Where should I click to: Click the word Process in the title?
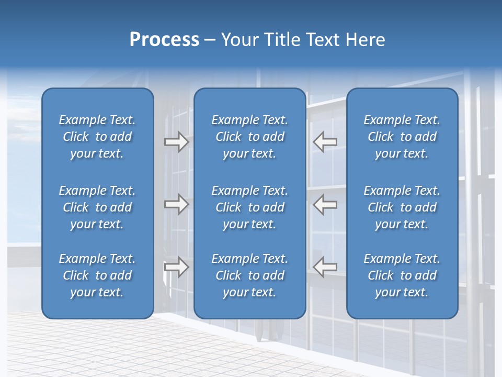click(164, 40)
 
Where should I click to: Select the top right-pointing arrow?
click(177, 142)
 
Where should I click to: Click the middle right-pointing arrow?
click(177, 204)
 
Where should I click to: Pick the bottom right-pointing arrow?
click(177, 267)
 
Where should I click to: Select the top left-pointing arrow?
click(325, 142)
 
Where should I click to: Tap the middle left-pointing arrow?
click(325, 204)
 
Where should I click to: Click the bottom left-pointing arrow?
click(325, 267)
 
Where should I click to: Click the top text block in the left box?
click(97, 137)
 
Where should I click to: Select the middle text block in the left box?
click(97, 207)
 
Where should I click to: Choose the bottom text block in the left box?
click(97, 275)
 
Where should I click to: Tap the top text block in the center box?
click(249, 137)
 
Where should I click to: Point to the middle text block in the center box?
click(249, 207)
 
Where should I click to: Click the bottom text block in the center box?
click(249, 275)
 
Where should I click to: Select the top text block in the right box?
click(402, 137)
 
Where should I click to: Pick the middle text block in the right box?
click(402, 207)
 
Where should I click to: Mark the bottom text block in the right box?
click(402, 275)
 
